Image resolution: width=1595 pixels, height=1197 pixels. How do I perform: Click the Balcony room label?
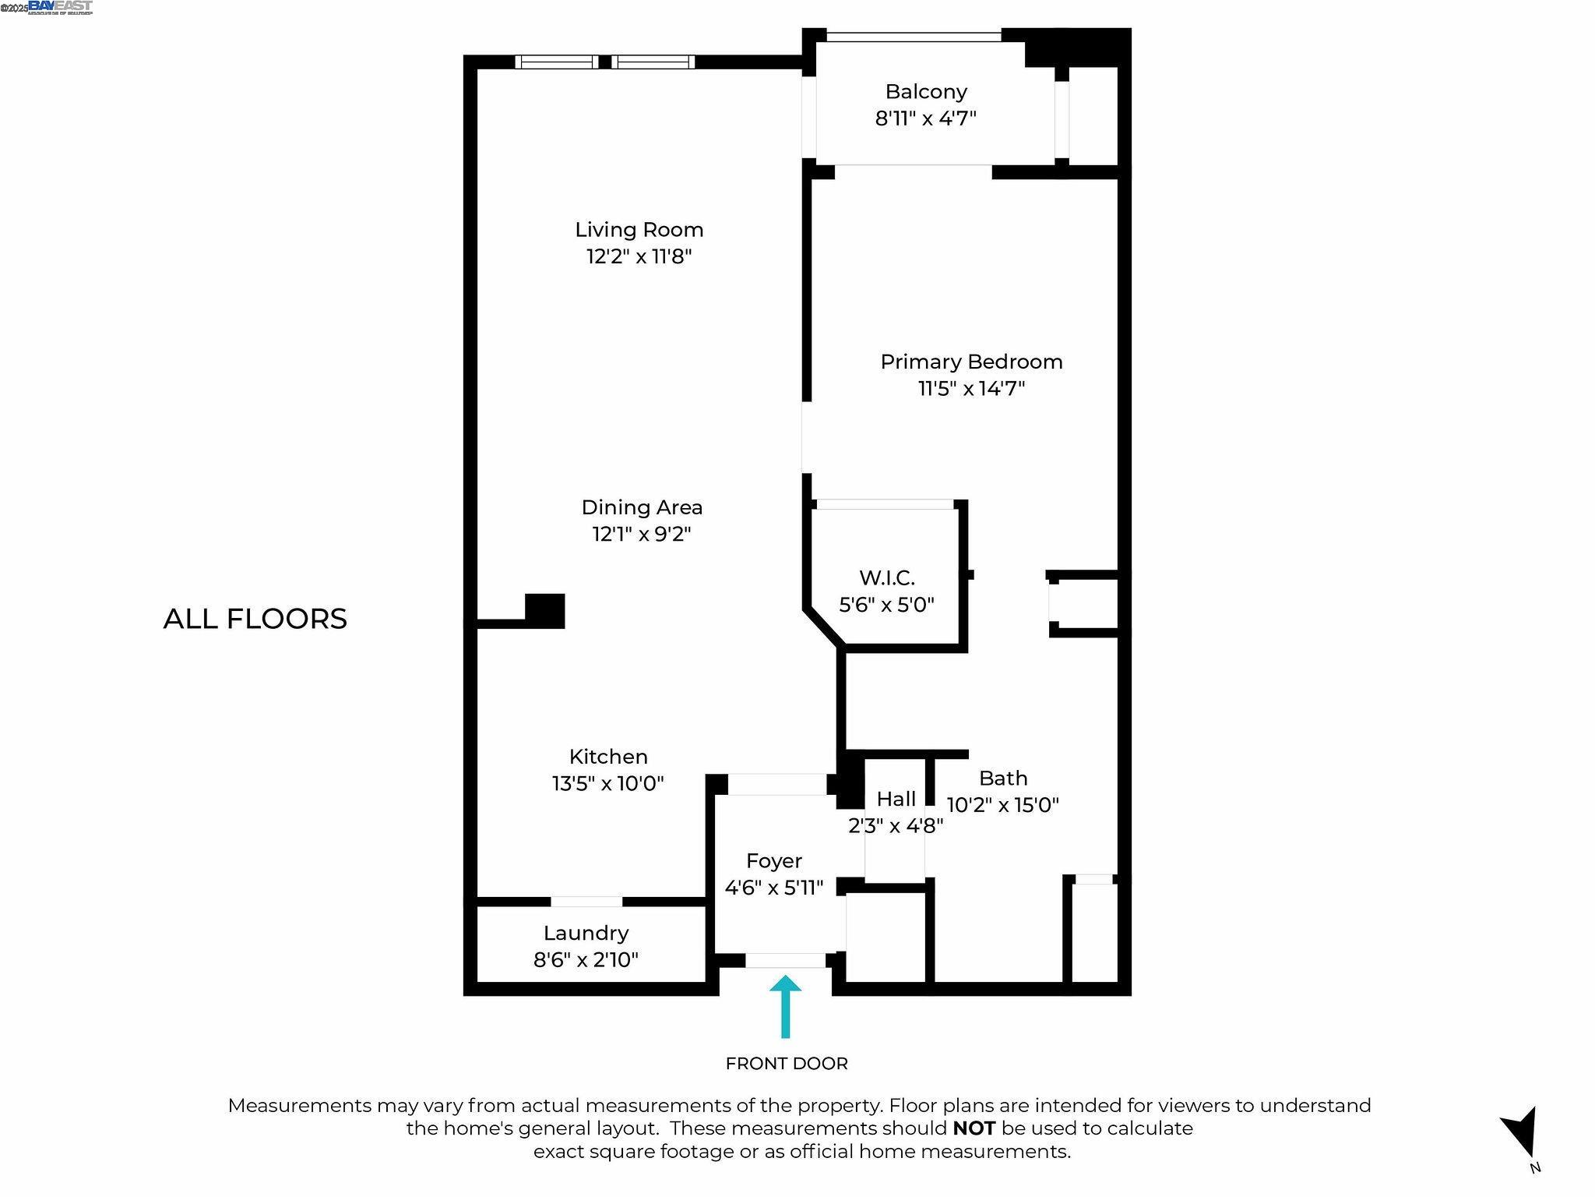(x=925, y=92)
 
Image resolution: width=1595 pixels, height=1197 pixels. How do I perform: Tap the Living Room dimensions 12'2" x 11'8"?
(x=639, y=256)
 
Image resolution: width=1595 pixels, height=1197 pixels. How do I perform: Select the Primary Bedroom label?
(x=971, y=362)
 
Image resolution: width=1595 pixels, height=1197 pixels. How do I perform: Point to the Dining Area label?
(x=642, y=507)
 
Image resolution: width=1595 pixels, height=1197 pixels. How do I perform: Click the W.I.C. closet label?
(x=886, y=577)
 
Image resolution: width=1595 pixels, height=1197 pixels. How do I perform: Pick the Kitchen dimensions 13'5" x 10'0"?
(x=607, y=783)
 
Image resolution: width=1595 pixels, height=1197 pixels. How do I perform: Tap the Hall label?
(x=896, y=799)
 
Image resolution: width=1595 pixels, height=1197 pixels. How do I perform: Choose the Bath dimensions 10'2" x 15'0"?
(x=1002, y=805)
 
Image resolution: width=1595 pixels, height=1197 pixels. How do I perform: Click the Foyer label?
(x=773, y=860)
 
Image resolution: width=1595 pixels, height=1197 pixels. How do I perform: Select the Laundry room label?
(x=586, y=933)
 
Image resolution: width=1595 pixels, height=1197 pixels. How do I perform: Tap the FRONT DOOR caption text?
(x=787, y=1064)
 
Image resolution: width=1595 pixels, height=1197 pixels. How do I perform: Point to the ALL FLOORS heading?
(x=255, y=619)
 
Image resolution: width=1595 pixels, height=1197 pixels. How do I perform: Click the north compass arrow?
(x=1522, y=1135)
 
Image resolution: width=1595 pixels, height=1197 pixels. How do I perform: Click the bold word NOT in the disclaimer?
(x=974, y=1128)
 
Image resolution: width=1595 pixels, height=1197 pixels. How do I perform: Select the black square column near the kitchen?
(x=544, y=610)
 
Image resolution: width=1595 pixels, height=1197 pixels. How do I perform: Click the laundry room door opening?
(x=586, y=902)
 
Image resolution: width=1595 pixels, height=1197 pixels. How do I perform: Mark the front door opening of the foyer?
(x=785, y=960)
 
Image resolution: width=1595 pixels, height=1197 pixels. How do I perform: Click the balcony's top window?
(x=913, y=36)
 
